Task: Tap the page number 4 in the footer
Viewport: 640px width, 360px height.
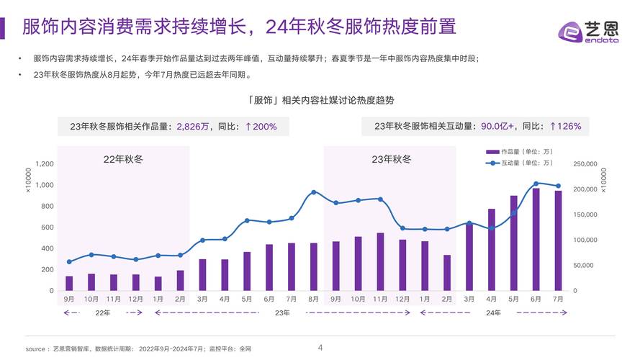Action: pos(320,348)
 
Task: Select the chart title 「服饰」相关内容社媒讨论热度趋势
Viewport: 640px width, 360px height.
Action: pos(320,99)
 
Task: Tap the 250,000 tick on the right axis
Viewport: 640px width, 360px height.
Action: pos(585,164)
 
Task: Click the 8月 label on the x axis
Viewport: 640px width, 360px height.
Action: pos(313,298)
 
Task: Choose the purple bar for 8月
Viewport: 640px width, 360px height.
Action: pos(313,267)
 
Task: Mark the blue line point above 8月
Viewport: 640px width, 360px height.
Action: pos(313,192)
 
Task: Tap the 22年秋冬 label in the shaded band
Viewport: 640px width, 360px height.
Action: pos(124,159)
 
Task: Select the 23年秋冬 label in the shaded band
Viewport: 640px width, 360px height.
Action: pos(391,159)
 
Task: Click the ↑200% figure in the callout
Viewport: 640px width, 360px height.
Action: pos(261,127)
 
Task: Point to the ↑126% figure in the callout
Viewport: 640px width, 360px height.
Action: pos(564,126)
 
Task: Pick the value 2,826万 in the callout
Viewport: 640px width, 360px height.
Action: pos(194,127)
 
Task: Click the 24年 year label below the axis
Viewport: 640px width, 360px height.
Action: pos(494,312)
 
